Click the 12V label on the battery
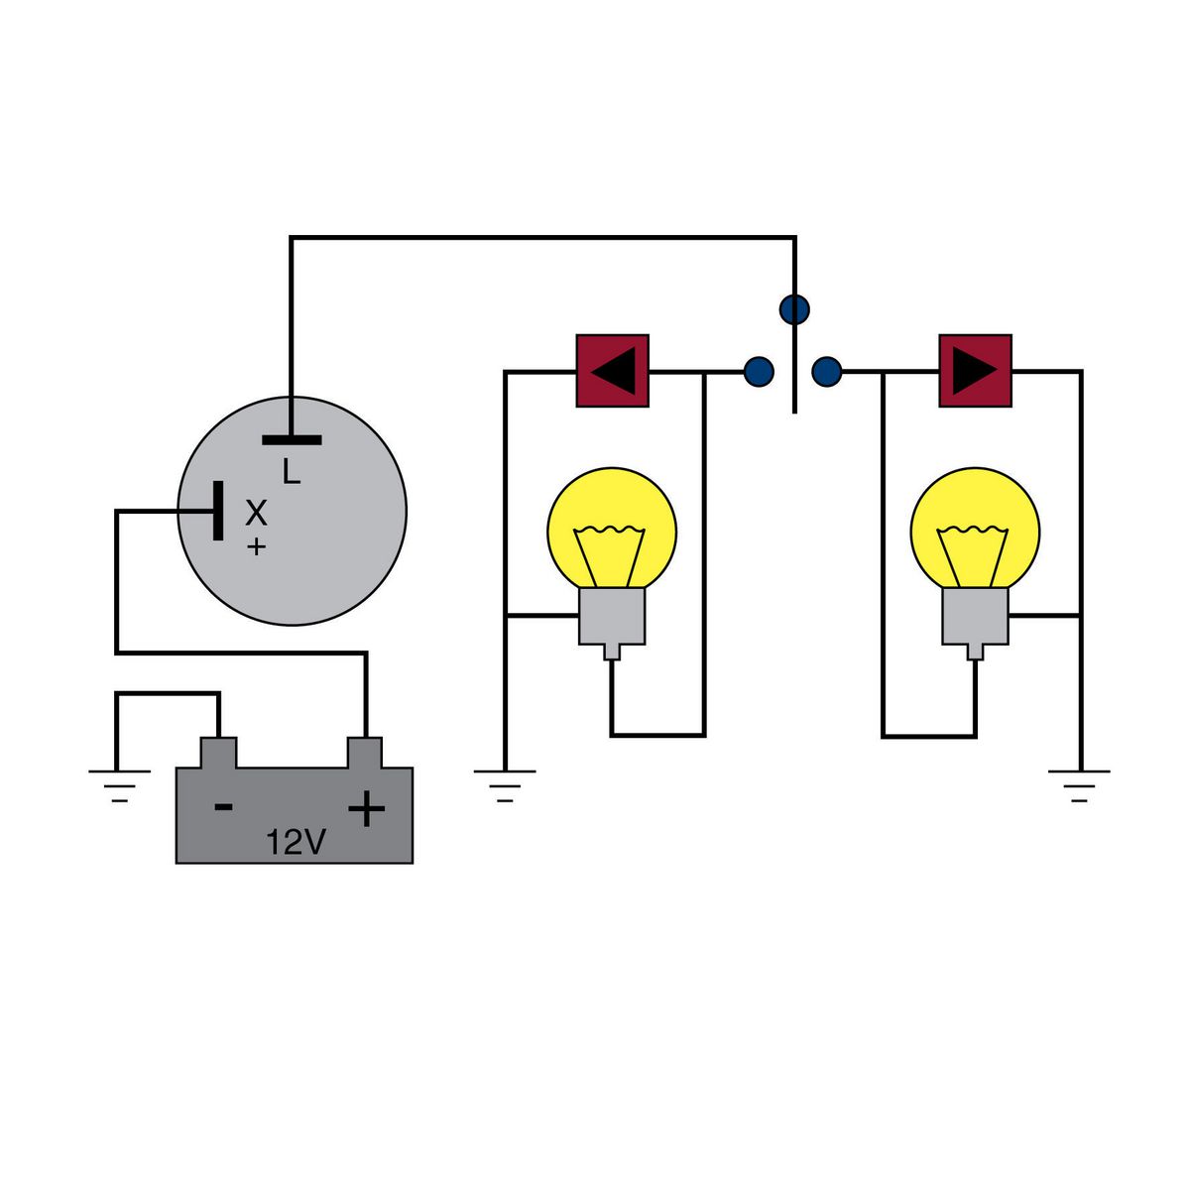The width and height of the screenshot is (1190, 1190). coord(296,842)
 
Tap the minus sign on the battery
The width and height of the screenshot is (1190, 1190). coord(224,806)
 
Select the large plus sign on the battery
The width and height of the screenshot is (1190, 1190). coord(366,810)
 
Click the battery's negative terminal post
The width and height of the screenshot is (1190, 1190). coord(218,752)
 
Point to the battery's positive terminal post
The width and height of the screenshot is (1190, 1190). coord(365,752)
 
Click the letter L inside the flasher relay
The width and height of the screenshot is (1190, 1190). coord(291,472)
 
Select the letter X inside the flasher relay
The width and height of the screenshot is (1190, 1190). coord(256,513)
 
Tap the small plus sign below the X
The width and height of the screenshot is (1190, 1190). coord(256,546)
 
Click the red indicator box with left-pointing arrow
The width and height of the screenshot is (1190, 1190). coord(612,371)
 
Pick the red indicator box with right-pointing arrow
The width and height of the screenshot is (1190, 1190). coord(975,371)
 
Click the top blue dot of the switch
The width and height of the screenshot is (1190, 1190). coord(794,309)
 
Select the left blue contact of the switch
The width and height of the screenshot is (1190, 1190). coord(759,372)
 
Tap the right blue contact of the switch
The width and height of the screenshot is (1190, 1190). coord(826,372)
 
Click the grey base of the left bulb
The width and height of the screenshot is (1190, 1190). coord(612,617)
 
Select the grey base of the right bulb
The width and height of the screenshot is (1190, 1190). coord(975,617)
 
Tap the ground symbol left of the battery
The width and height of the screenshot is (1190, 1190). coord(119,783)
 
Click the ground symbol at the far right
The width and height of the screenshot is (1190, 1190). coord(1080,783)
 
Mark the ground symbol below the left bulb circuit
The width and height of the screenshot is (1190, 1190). coord(505,783)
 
